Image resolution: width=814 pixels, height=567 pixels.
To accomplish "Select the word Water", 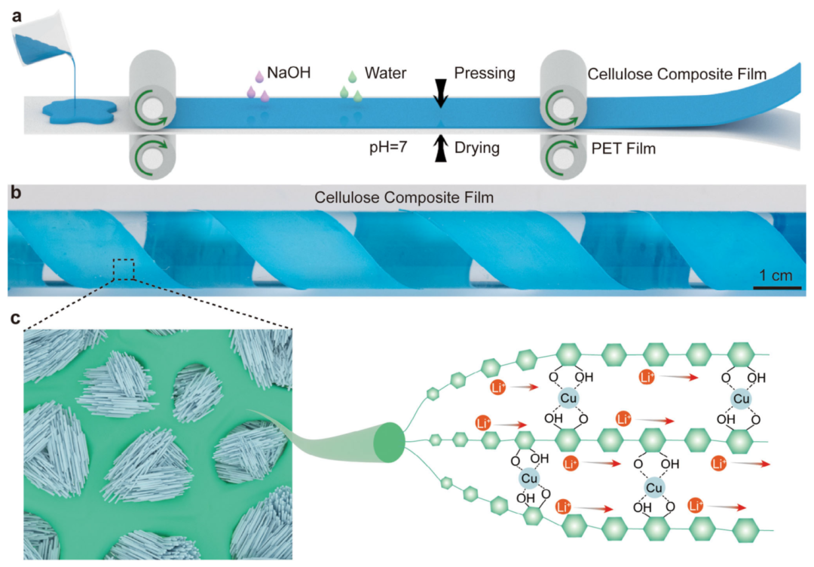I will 386,74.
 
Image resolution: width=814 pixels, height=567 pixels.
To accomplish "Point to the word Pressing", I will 485,74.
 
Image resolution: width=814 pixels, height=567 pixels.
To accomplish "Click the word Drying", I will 477,148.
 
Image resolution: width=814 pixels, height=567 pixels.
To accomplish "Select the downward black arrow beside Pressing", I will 440,89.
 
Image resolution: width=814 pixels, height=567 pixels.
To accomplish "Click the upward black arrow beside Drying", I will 440,149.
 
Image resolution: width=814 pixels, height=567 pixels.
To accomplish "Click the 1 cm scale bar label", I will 776,274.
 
